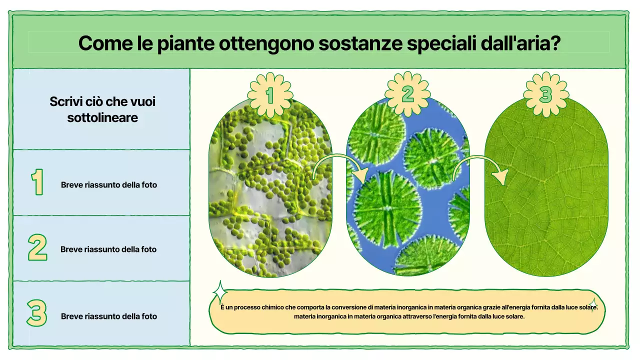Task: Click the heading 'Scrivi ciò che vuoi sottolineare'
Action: (x=102, y=109)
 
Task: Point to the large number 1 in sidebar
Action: (x=37, y=182)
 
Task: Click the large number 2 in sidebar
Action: (x=37, y=247)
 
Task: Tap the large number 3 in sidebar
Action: (x=37, y=313)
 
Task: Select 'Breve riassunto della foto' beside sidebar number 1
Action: (x=109, y=185)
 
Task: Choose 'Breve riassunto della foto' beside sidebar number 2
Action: (x=108, y=249)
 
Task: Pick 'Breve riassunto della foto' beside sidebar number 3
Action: (x=109, y=316)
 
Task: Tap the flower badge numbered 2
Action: (x=407, y=94)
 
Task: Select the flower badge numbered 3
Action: (x=545, y=94)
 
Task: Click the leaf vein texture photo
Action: (x=546, y=200)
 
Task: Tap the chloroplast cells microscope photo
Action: (x=270, y=200)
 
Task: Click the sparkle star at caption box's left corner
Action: (x=219, y=292)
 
